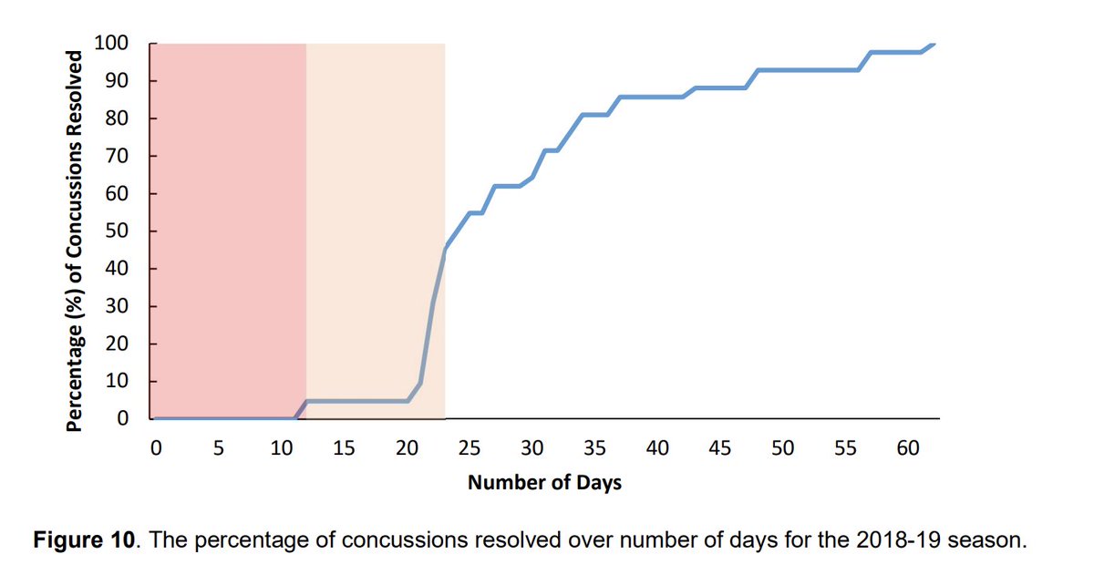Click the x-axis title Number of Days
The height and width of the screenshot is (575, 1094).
pyautogui.click(x=544, y=483)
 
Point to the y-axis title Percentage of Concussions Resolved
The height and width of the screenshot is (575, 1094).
pyautogui.click(x=77, y=239)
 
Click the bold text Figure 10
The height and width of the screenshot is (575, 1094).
pyautogui.click(x=84, y=539)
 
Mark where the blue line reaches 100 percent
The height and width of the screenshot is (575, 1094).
pyautogui.click(x=933, y=44)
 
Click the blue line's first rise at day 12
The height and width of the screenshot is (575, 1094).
pyautogui.click(x=306, y=401)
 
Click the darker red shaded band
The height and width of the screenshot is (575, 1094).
pyautogui.click(x=228, y=228)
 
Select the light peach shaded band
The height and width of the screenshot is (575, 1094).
pyautogui.click(x=374, y=228)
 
